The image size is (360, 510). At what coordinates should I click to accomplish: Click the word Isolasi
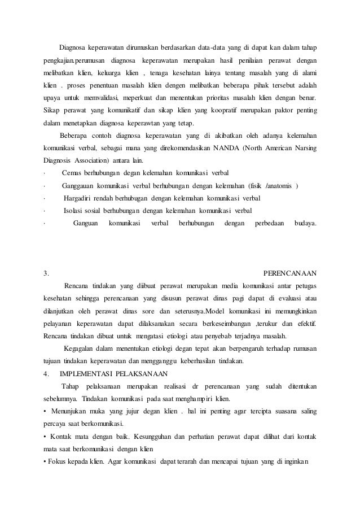[x=76, y=211]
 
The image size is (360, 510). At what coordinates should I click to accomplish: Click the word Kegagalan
[x=82, y=348]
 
